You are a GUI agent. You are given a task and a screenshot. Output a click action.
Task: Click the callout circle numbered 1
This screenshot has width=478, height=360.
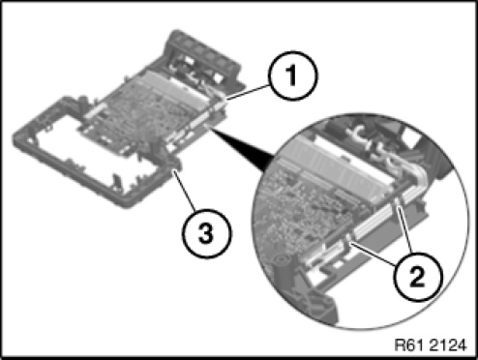292,75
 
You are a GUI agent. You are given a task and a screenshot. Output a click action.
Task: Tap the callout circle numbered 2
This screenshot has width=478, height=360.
418,277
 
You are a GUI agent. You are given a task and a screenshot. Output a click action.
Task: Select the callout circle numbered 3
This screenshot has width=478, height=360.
206,233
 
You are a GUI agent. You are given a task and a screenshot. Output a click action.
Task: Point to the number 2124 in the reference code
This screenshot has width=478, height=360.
448,345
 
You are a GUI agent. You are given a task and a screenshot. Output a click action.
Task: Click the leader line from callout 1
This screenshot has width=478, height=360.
248,92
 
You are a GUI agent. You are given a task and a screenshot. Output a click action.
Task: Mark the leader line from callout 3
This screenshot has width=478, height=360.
184,191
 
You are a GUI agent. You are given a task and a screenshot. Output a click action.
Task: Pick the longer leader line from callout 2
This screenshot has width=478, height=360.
373,255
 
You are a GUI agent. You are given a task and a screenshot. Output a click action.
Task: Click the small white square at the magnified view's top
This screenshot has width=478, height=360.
410,135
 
